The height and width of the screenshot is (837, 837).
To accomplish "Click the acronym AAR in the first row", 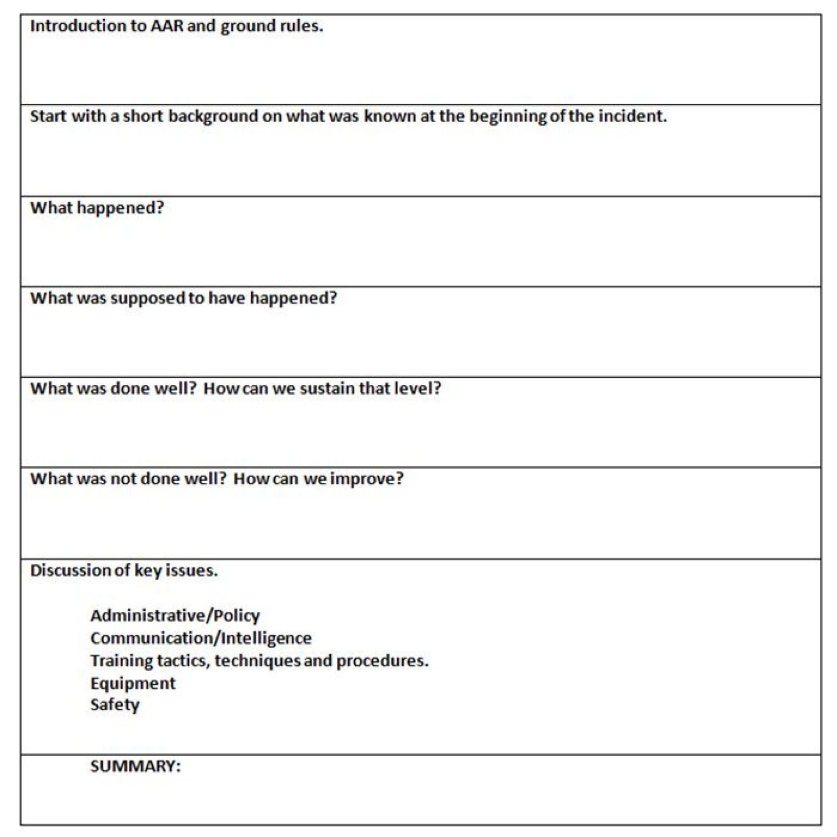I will click(167, 26).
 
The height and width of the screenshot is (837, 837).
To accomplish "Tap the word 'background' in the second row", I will click(213, 117).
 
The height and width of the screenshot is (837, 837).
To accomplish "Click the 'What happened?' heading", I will click(97, 208).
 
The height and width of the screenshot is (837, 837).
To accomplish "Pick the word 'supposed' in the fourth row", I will click(148, 299).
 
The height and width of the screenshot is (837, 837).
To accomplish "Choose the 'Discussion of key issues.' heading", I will click(124, 570).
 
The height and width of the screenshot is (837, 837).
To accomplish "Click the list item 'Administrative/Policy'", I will click(175, 616).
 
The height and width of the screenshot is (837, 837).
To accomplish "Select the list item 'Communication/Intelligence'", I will click(201, 638).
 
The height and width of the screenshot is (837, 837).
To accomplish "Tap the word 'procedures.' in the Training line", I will click(382, 661).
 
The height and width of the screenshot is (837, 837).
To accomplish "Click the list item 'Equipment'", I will click(133, 684).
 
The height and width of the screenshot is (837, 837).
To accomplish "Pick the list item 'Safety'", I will click(115, 705).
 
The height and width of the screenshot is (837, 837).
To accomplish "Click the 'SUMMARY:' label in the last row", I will click(135, 766).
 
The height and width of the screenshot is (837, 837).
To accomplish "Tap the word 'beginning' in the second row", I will click(508, 117).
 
